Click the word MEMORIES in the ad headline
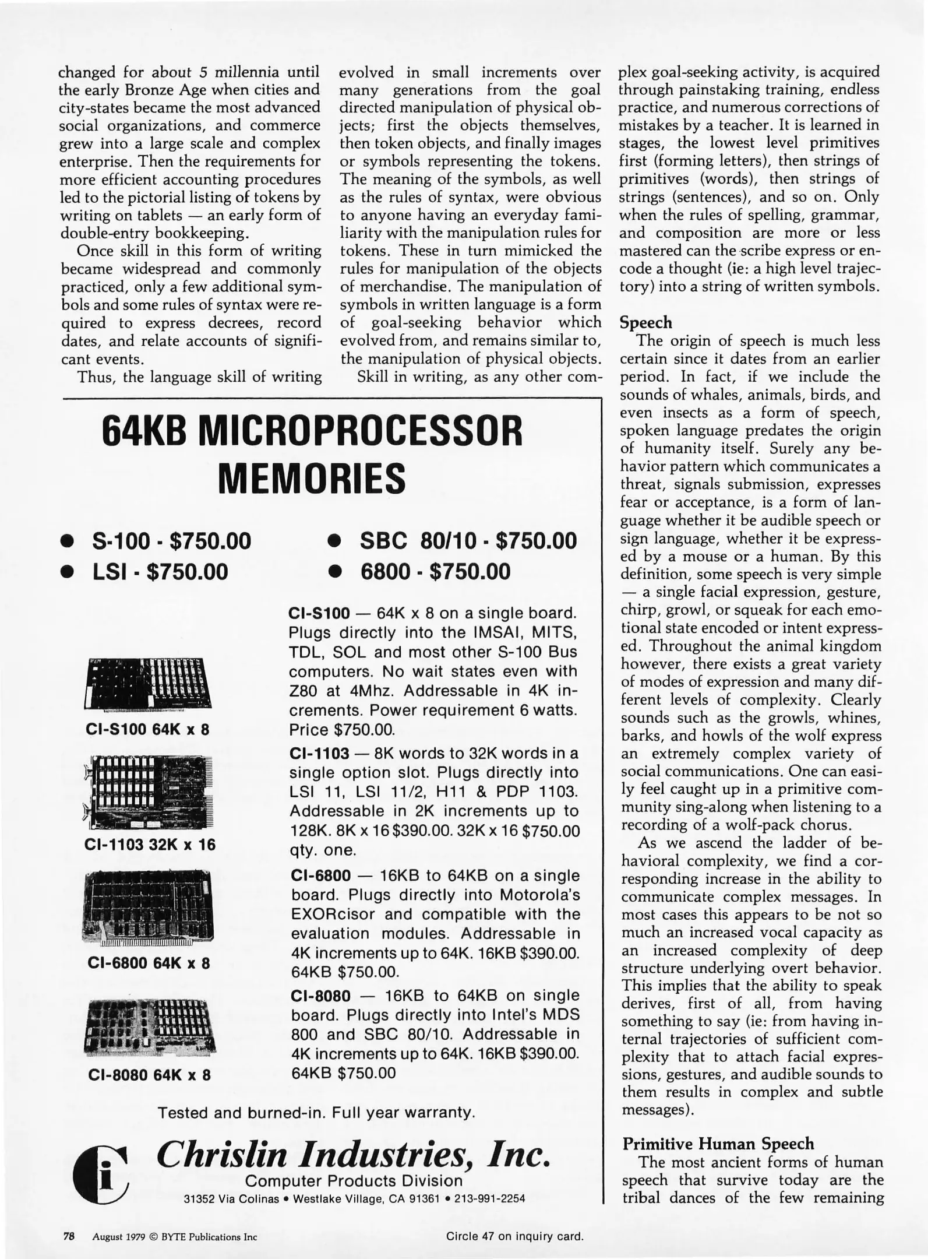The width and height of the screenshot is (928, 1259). click(x=312, y=478)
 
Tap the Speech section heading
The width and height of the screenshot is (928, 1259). click(x=646, y=323)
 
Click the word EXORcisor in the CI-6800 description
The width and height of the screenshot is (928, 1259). click(x=334, y=914)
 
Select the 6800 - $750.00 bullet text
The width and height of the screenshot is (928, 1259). click(x=435, y=572)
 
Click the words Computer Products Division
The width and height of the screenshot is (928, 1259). click(x=354, y=1181)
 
